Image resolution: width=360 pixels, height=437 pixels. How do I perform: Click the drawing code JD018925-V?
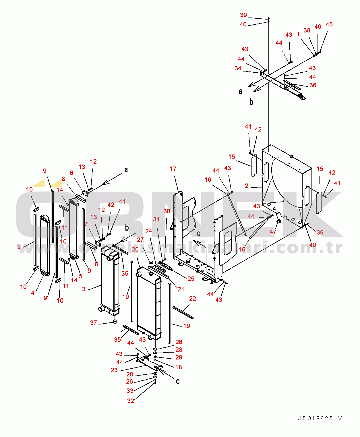320,418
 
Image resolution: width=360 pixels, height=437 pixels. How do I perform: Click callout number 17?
173,169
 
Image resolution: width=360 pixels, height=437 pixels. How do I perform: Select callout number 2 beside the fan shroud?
247,186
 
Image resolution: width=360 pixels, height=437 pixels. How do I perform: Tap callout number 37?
94,323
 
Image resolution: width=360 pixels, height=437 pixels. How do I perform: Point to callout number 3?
84,289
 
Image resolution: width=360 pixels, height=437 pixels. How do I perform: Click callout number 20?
135,250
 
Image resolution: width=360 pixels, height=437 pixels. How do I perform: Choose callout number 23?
114,370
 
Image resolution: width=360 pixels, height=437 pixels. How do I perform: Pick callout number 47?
273,232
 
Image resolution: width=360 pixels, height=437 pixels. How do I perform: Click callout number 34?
238,68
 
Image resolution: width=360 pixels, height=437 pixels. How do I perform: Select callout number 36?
313,85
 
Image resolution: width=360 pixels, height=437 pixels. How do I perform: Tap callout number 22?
193,299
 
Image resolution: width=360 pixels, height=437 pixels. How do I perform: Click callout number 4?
33,293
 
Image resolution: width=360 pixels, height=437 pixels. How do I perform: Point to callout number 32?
131,401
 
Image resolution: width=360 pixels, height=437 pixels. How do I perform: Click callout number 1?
298,34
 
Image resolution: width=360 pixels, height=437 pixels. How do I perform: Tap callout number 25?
191,279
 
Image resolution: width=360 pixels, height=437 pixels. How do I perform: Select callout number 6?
71,173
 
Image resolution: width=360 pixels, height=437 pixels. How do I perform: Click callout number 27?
140,240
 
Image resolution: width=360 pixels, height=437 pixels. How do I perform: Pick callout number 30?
167,211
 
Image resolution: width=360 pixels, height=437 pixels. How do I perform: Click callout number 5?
81,276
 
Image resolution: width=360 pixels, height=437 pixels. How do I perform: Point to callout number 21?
181,289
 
